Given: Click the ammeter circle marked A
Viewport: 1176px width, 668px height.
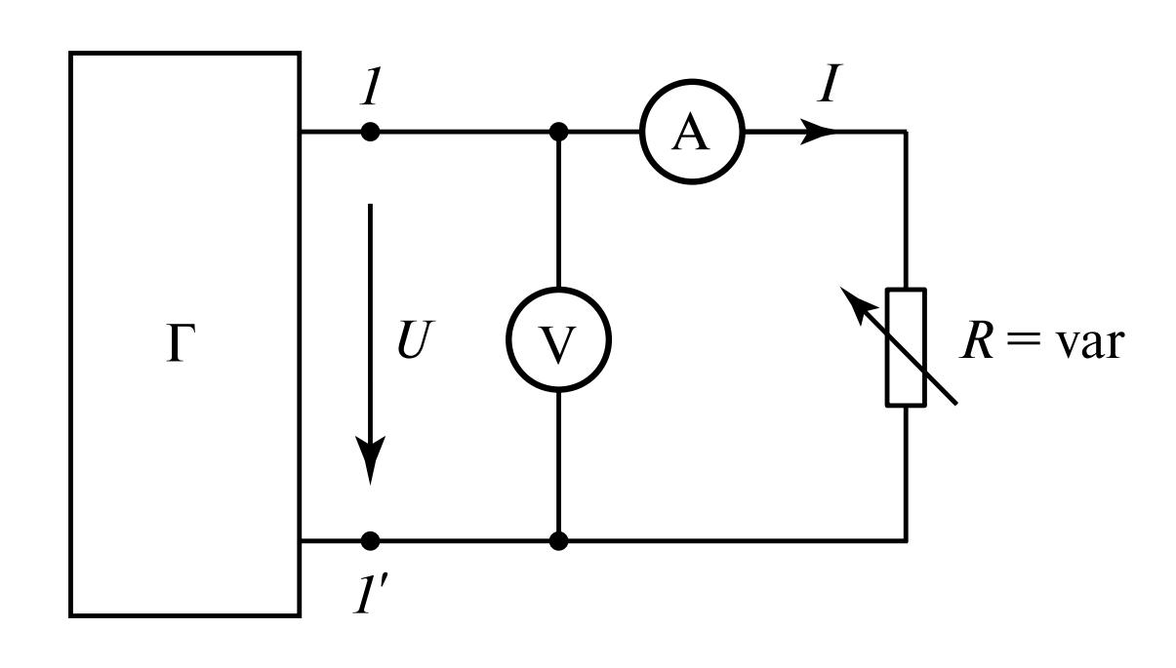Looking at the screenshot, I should [691, 133].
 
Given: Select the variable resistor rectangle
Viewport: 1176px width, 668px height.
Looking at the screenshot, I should [905, 346].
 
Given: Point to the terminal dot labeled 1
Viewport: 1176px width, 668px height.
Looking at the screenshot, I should [370, 132].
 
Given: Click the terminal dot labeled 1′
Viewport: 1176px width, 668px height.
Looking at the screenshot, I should [370, 538].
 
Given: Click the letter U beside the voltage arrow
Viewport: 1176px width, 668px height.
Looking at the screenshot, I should [413, 343].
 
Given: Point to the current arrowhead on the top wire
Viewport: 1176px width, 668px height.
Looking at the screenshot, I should [818, 133].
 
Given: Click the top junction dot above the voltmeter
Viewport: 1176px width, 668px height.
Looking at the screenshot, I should [558, 132].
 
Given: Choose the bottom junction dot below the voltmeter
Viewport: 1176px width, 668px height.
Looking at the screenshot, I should [558, 538].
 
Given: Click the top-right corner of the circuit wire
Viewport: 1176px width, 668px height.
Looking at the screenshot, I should [906, 133].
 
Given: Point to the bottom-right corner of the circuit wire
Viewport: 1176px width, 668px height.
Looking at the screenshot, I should [906, 538].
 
